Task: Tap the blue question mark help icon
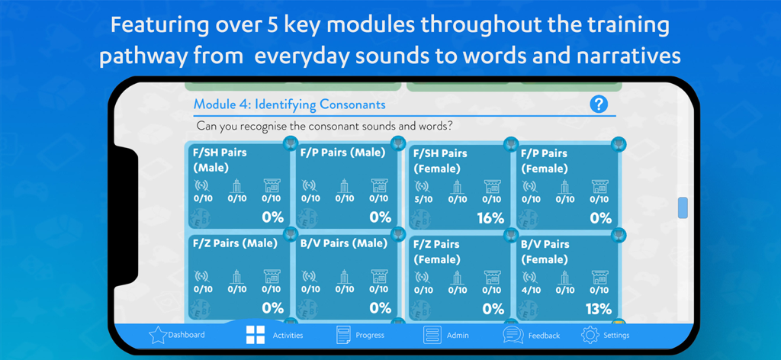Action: click(x=599, y=104)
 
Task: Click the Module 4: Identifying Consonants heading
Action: click(x=289, y=104)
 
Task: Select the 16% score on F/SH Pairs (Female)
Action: click(x=490, y=218)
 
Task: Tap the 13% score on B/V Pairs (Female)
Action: click(x=598, y=309)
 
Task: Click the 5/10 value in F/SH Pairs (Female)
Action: click(x=423, y=199)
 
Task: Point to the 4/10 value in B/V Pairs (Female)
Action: click(x=531, y=290)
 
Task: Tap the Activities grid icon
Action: click(x=254, y=335)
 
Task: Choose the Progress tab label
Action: click(x=369, y=335)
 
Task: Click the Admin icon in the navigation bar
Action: click(x=433, y=335)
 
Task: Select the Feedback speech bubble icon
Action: click(x=513, y=335)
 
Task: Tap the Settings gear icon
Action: click(x=590, y=335)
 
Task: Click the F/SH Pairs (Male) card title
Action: click(x=220, y=159)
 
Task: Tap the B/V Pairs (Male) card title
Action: click(x=344, y=243)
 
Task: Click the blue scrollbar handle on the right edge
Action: click(x=683, y=207)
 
